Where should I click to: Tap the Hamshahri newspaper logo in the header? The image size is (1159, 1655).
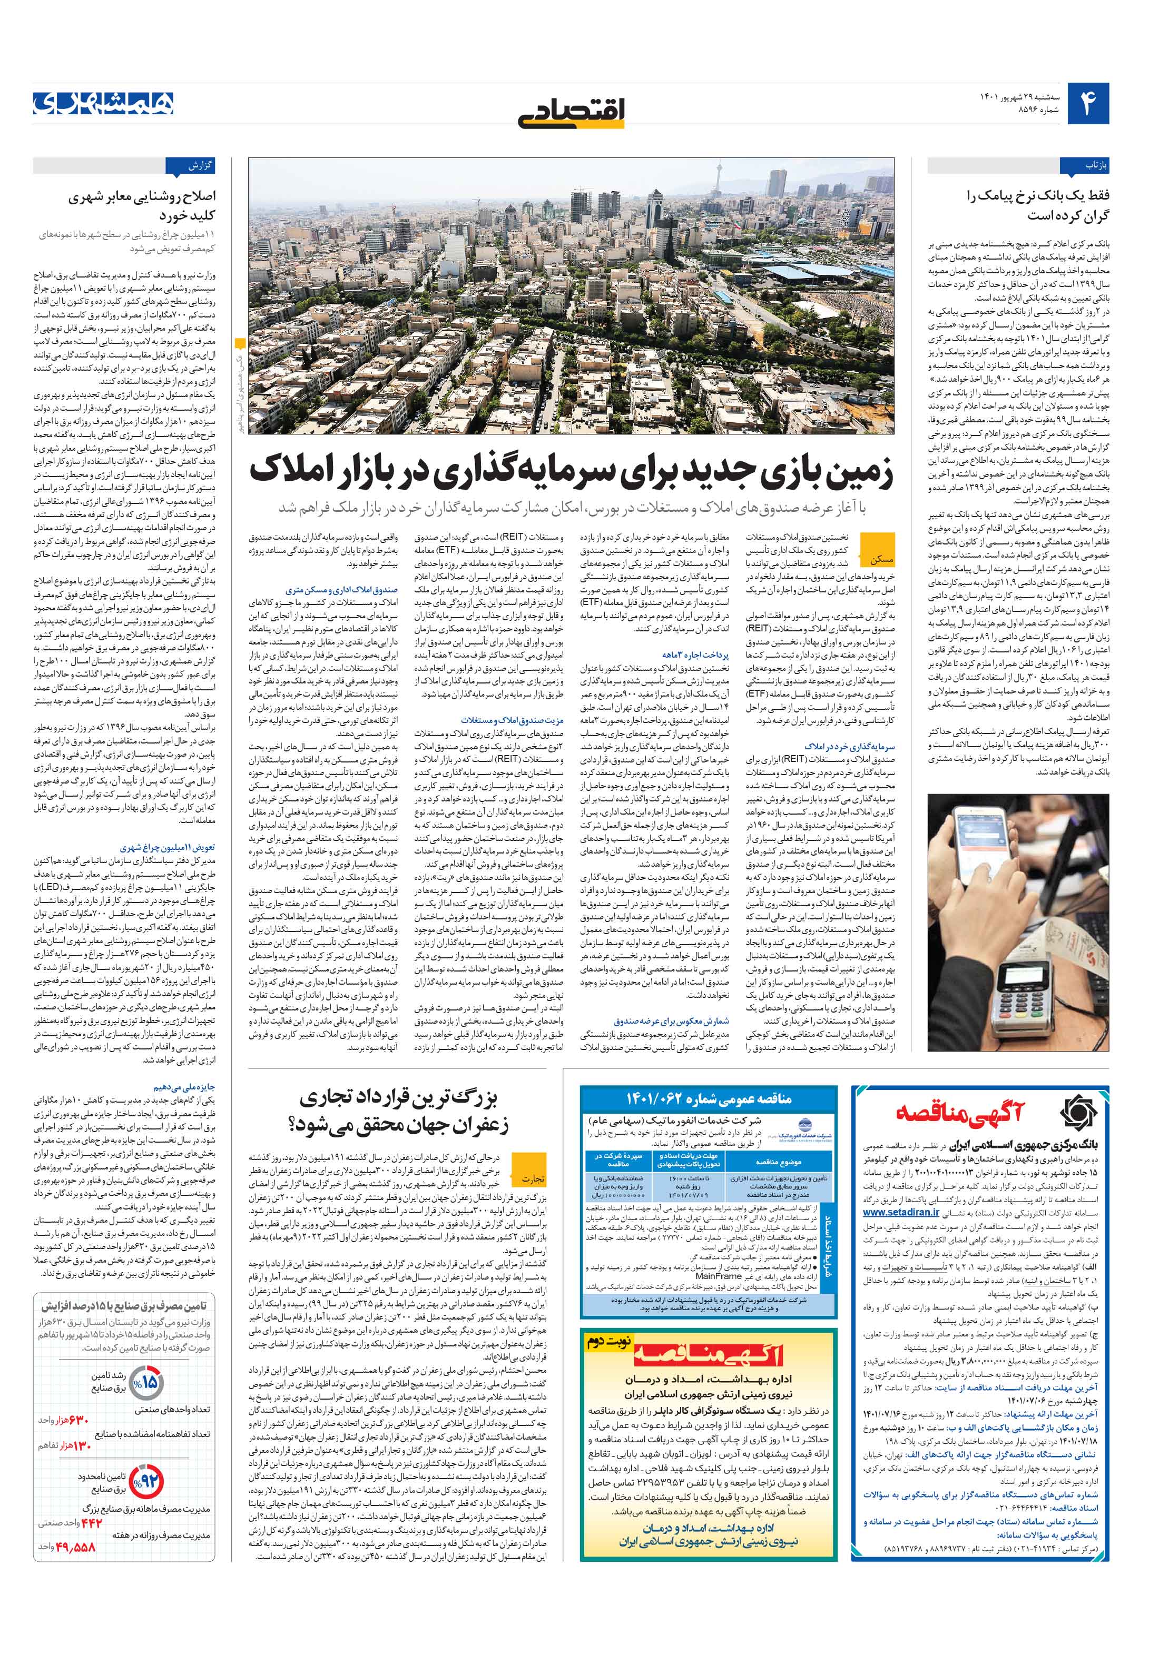103,103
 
